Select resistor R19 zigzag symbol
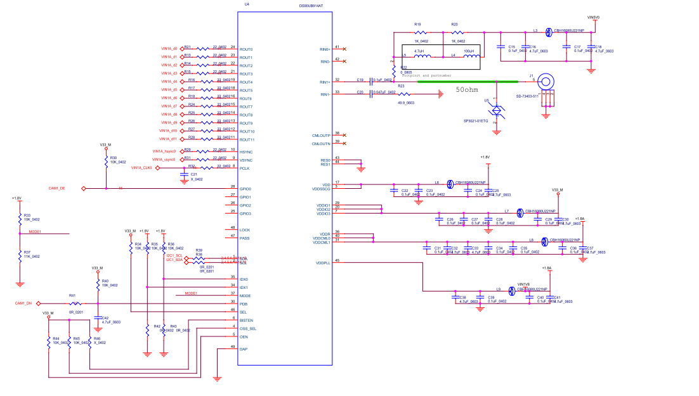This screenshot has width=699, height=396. [x=418, y=32]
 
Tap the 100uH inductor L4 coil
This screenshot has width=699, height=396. [x=471, y=56]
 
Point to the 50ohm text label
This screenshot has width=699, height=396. [x=466, y=89]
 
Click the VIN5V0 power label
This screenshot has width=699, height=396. [x=594, y=17]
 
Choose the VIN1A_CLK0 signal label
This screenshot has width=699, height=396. [x=141, y=168]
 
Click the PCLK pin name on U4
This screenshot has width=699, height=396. [x=245, y=168]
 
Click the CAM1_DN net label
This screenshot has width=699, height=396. [x=24, y=303]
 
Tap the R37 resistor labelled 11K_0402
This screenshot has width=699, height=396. [x=20, y=254]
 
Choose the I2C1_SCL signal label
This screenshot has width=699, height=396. [x=174, y=255]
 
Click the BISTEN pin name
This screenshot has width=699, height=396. [x=247, y=320]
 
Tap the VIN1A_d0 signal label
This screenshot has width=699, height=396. [x=169, y=49]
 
